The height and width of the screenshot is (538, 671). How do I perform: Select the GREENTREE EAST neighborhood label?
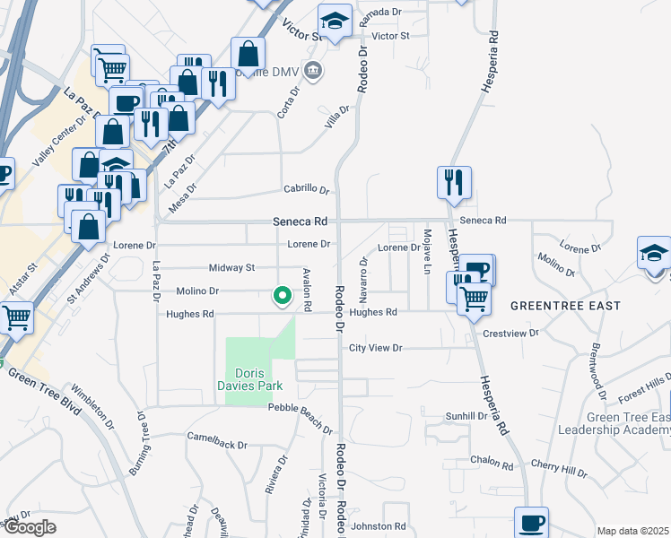click(565, 306)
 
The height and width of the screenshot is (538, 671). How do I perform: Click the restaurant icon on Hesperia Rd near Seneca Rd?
click(455, 182)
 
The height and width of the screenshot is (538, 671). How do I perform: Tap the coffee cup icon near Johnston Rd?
click(531, 522)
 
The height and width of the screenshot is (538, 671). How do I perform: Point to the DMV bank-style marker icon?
click(312, 70)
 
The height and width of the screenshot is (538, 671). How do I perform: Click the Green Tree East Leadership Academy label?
click(627, 423)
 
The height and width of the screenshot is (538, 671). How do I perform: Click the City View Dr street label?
click(376, 347)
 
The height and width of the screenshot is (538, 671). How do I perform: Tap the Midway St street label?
click(231, 267)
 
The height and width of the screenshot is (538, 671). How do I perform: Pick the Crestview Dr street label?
click(510, 333)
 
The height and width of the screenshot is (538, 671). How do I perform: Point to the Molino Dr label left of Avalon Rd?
click(201, 291)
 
